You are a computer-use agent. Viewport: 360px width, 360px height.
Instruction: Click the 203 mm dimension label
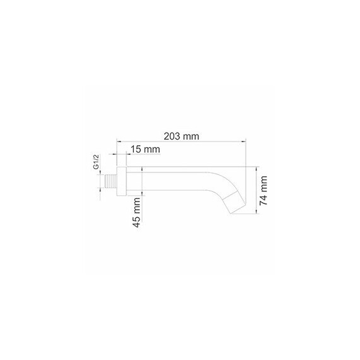[x=181, y=136]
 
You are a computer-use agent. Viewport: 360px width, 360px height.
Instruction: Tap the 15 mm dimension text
[x=145, y=150]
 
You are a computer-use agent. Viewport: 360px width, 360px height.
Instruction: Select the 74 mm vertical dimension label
[x=263, y=191]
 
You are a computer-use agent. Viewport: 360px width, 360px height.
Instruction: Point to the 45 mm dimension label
[x=137, y=212]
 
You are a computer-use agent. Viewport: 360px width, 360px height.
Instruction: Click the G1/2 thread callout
[x=96, y=162]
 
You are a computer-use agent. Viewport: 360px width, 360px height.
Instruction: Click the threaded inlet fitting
[x=111, y=181]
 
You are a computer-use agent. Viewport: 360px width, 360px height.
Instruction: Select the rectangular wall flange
[x=122, y=181]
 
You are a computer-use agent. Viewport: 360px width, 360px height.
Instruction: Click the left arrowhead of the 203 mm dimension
[x=119, y=142]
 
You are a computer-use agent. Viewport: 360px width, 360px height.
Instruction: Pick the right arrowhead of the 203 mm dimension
[x=244, y=142]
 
